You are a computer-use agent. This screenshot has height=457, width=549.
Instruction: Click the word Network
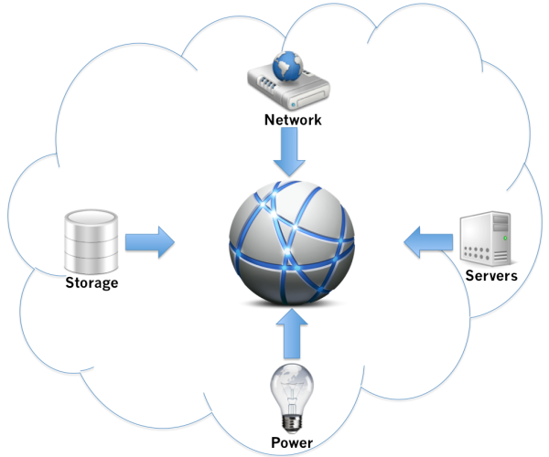[x=293, y=120]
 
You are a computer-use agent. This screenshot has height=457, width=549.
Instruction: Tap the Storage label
[x=91, y=282]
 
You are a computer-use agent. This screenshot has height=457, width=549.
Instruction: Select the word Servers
[x=491, y=275]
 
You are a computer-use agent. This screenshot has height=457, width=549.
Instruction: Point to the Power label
[x=292, y=442]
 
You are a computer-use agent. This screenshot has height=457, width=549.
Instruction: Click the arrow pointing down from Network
[x=289, y=152]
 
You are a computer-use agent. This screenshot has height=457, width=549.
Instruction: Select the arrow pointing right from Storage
[x=150, y=242]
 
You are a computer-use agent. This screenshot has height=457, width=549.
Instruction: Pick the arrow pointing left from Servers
[x=428, y=242]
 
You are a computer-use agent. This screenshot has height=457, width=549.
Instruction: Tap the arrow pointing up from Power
[x=292, y=334]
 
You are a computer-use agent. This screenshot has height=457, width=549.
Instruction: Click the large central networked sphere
[x=292, y=243]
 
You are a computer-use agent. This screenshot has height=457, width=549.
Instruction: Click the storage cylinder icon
[x=91, y=241]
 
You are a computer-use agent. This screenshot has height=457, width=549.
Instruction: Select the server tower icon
[x=486, y=239]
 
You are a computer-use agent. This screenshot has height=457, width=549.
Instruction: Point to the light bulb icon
[x=292, y=399]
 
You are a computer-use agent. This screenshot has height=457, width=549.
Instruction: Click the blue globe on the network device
[x=288, y=66]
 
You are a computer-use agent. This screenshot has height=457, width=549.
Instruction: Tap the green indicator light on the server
[x=505, y=239]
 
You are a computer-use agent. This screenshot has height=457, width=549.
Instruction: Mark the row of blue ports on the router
[x=267, y=83]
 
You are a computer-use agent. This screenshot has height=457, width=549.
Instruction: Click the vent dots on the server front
[x=476, y=253]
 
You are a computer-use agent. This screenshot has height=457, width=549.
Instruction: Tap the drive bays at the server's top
[x=501, y=223]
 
